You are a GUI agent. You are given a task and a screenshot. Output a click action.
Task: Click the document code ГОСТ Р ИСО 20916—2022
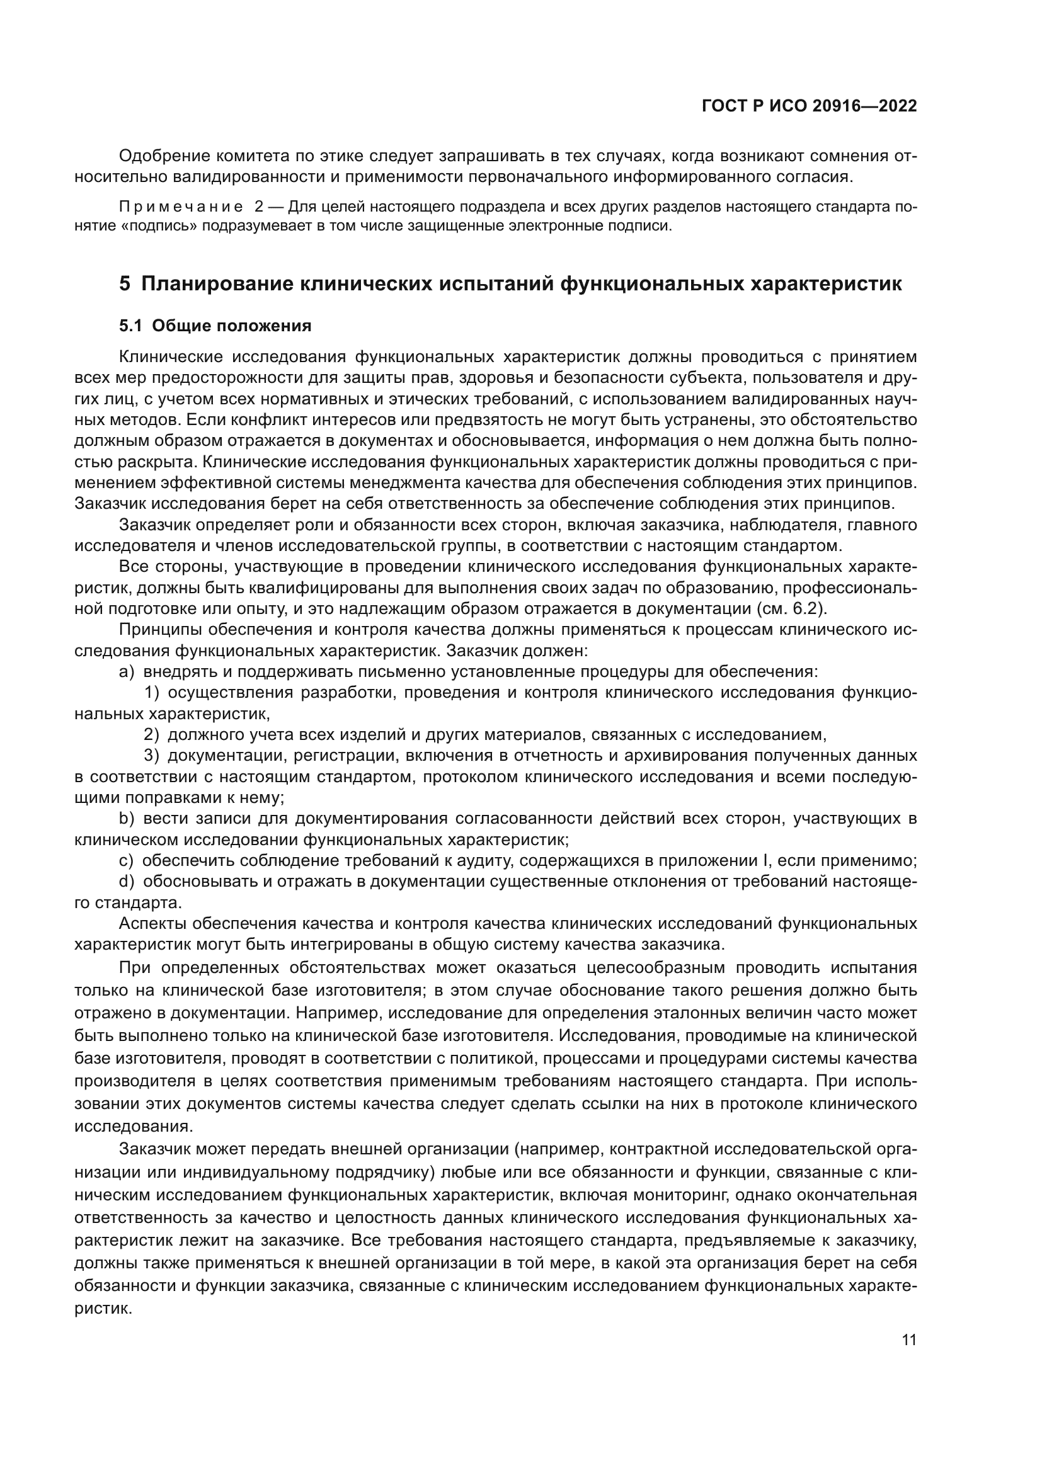coord(809,106)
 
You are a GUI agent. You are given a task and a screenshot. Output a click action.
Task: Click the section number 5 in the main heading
coord(125,283)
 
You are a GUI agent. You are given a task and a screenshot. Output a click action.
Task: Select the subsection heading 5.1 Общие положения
coord(215,326)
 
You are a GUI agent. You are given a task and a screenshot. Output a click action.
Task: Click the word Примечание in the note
coord(181,207)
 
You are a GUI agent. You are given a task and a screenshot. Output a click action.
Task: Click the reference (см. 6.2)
coord(791,608)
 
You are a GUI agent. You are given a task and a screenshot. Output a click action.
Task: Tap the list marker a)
coord(127,672)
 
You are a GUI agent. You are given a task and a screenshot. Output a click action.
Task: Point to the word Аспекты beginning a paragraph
coord(152,924)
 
